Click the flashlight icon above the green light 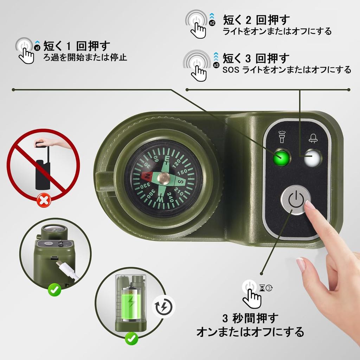tap(282, 137)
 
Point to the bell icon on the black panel tap(313, 138)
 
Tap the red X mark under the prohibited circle tap(44, 201)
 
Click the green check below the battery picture tap(131, 339)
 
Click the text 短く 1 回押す tap(77, 46)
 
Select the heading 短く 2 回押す tap(257, 20)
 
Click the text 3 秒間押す tap(250, 319)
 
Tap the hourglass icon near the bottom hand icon tap(262, 288)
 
